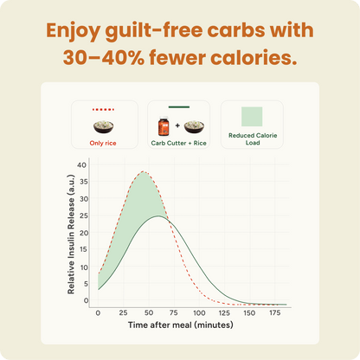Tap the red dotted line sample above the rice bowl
click(x=104, y=110)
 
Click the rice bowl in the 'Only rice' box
click(x=104, y=126)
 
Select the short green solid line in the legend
click(x=179, y=107)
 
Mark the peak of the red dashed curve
click(x=143, y=171)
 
